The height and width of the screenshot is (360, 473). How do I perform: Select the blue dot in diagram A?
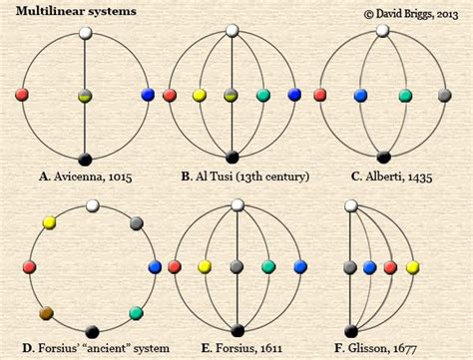pos(148,95)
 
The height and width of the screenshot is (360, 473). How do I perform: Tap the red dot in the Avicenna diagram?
pos(22,95)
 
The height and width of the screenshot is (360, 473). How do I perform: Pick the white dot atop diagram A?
pos(85,32)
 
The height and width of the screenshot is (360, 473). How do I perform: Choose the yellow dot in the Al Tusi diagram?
pos(200,95)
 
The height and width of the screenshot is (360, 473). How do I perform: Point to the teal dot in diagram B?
pos(263,95)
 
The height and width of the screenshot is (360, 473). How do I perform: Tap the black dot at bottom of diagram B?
pos(232,157)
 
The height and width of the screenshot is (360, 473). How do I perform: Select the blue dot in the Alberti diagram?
pos(358,96)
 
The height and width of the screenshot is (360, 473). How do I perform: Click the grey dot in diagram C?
pos(445,96)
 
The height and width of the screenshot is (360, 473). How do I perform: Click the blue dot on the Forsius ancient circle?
pos(155,267)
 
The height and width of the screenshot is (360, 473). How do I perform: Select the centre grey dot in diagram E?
pos(236,267)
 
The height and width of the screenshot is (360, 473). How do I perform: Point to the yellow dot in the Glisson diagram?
pos(413,267)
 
